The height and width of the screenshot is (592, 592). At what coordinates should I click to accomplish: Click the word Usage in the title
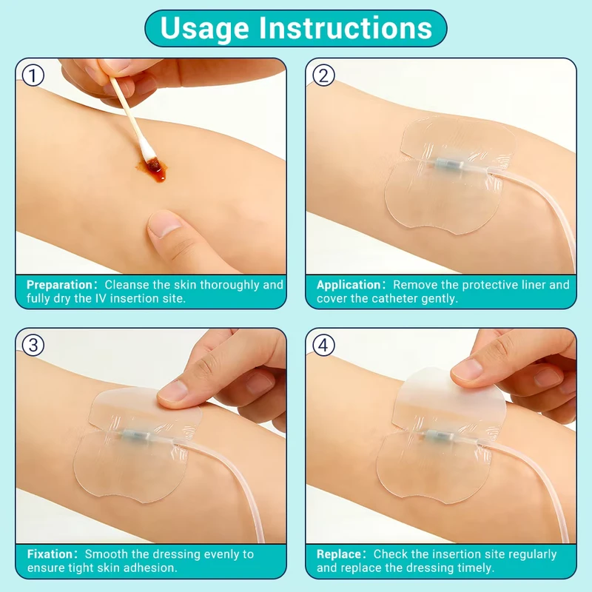204,29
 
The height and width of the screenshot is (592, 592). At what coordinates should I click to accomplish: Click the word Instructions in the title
346,27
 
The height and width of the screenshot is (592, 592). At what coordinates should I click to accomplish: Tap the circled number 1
33,75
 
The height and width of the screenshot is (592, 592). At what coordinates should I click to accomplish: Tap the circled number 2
323,75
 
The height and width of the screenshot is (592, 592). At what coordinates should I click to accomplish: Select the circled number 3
33,345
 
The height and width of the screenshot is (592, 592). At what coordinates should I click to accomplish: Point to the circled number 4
323,345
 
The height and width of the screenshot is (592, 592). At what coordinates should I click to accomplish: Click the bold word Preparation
59,285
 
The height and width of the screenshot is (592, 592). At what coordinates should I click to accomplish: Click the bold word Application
349,285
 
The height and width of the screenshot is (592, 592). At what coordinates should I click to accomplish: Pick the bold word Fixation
50,554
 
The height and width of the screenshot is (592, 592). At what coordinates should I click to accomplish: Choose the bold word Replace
339,554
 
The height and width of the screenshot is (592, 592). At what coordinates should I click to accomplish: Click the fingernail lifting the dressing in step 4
466,369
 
